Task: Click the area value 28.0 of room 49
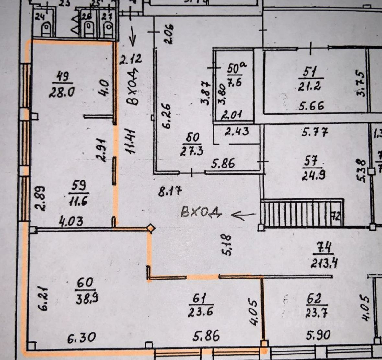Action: [62, 93]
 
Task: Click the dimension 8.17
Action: [169, 192]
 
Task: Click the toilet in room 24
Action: [46, 29]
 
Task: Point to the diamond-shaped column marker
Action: [150, 228]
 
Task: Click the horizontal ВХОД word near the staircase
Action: [201, 213]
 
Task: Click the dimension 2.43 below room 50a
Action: [237, 131]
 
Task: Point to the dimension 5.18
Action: [228, 245]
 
